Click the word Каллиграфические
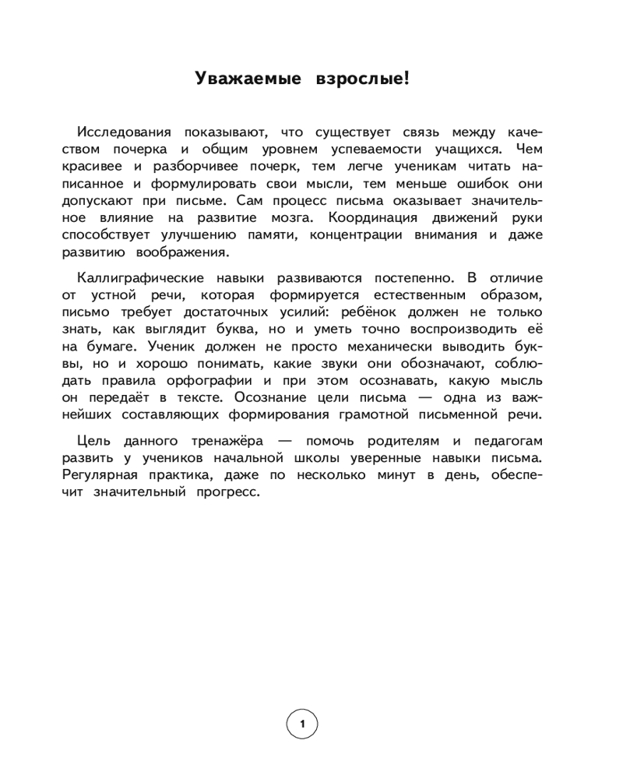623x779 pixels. point(138,277)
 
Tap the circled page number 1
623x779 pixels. point(302,725)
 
